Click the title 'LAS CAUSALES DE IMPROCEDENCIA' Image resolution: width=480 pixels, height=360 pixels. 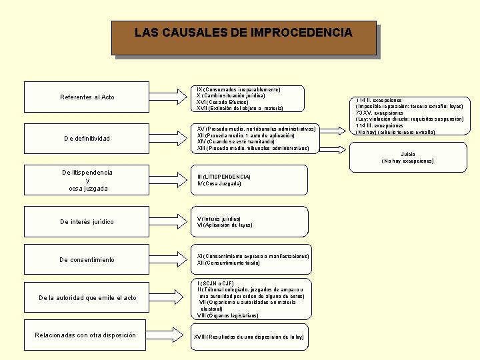point(243,32)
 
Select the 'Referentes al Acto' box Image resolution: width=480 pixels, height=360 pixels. point(87,97)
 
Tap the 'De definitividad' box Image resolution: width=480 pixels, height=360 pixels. point(87,139)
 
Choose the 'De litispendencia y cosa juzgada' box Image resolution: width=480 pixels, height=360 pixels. point(87,181)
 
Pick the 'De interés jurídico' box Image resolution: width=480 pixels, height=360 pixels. point(87,222)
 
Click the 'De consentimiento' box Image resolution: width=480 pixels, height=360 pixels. point(87,260)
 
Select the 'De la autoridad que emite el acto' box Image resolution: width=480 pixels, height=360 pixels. point(87,298)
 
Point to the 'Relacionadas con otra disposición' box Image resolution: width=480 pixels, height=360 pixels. point(87,335)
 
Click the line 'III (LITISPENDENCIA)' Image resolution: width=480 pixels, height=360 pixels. point(224,177)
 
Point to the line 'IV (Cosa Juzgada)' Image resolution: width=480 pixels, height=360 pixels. point(219,183)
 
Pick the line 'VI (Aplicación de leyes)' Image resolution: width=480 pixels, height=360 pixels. point(224,225)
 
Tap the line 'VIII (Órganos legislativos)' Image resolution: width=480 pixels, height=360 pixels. point(228,316)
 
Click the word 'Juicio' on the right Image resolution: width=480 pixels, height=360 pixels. point(407,154)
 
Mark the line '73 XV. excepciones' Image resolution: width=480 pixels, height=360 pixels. point(380,113)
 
